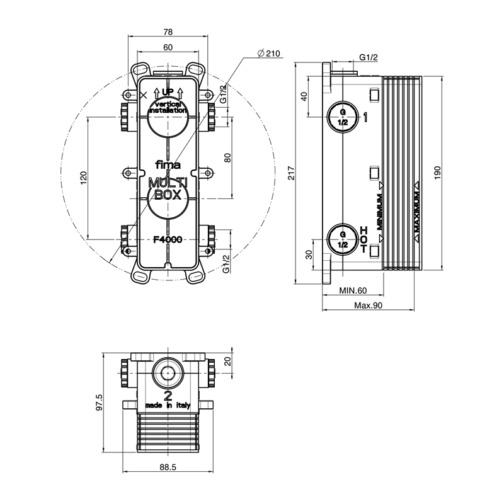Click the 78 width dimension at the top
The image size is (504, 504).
[x=168, y=32]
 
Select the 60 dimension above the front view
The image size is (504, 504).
[x=168, y=48]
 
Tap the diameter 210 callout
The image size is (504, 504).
[x=269, y=54]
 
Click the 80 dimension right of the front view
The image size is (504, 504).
[x=228, y=157]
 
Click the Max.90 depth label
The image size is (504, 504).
[x=369, y=306]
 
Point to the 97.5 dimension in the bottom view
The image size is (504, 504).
[x=99, y=401]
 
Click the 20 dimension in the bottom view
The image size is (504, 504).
[x=228, y=360]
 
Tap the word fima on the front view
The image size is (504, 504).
[x=168, y=166]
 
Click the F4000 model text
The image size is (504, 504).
[x=168, y=239]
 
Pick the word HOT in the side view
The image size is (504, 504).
[x=364, y=240]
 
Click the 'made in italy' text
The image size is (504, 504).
[x=168, y=406]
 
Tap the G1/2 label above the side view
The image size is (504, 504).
[x=368, y=58]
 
